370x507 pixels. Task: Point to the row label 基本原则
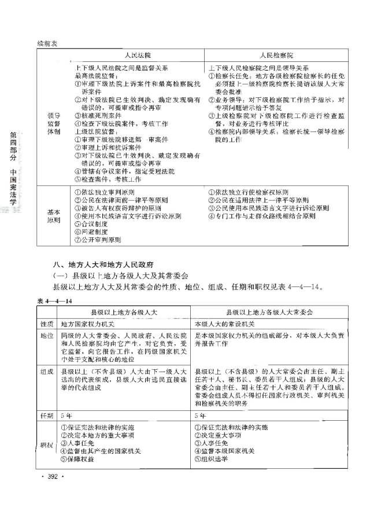pyautogui.click(x=53, y=216)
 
